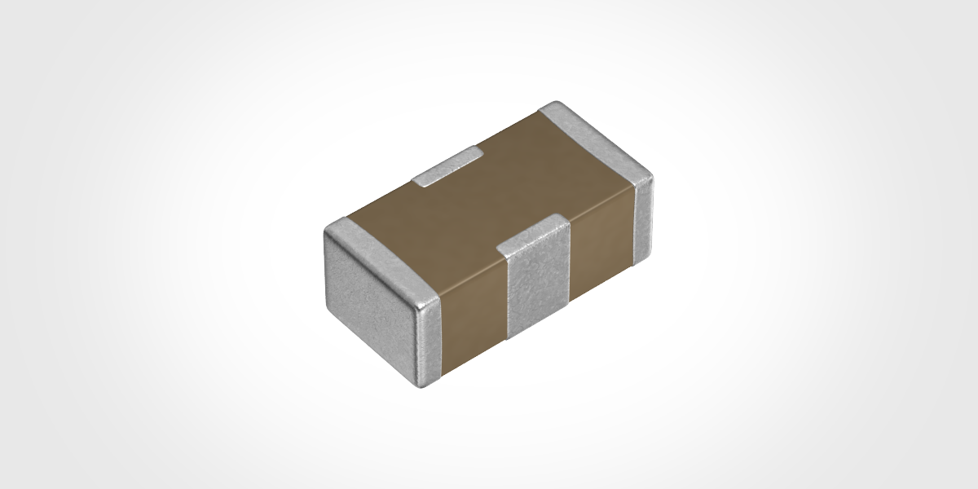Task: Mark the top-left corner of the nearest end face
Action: click(328, 231)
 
